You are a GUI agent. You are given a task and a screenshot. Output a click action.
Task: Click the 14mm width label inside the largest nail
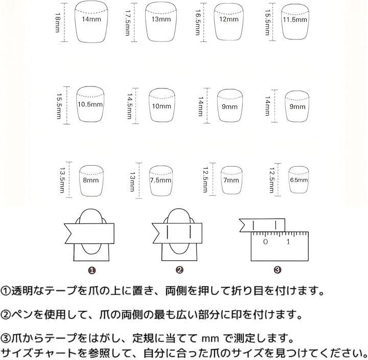[x=91, y=19]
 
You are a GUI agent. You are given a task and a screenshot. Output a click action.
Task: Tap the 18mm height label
[x=57, y=22]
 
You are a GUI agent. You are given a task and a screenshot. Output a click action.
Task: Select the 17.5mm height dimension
[x=128, y=23]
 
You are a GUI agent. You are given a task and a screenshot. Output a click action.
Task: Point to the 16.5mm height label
[x=198, y=22]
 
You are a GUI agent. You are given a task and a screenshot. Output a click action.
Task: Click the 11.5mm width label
[x=295, y=19]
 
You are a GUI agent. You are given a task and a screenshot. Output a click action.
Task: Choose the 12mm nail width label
[x=229, y=19]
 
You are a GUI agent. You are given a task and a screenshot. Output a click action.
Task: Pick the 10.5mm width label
[x=90, y=104]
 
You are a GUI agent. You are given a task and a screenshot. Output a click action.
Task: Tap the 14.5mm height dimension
[x=129, y=106]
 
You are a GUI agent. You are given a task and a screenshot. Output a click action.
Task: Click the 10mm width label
[x=162, y=106]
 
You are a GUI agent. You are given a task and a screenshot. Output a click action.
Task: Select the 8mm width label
[x=91, y=180]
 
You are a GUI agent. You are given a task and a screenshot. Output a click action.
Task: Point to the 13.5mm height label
[x=62, y=180]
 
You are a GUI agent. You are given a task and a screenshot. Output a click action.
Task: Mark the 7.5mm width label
[x=161, y=180]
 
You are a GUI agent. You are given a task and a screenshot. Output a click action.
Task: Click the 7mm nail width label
[x=231, y=180]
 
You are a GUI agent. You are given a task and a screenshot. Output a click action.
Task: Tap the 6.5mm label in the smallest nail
[x=299, y=180]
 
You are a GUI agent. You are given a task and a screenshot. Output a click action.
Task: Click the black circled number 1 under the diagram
[x=92, y=271]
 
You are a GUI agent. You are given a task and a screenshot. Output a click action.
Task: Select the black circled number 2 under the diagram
[x=179, y=270]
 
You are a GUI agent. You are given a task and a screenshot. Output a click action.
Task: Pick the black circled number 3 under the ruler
[x=278, y=270]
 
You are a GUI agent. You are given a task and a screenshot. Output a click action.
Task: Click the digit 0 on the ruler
[x=265, y=242]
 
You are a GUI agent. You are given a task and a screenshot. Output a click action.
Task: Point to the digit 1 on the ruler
[x=288, y=242]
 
